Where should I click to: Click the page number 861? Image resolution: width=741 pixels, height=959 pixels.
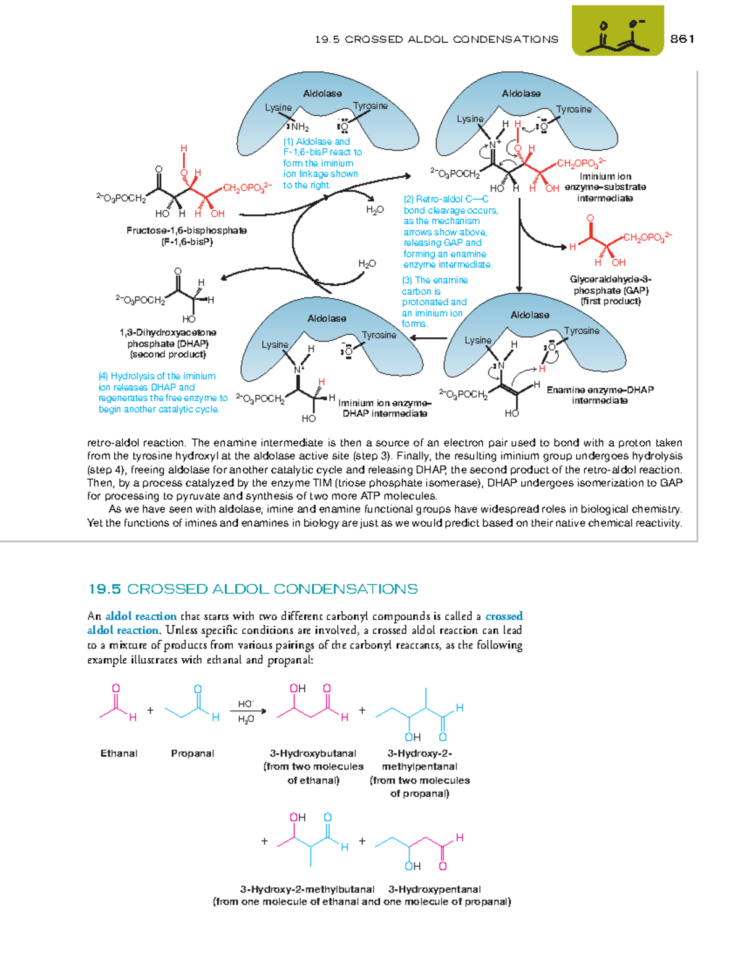pyautogui.click(x=682, y=39)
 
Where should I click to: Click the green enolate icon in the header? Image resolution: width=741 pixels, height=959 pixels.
pyautogui.click(x=617, y=31)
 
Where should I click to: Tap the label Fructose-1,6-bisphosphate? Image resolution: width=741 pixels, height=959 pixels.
pyautogui.click(x=186, y=230)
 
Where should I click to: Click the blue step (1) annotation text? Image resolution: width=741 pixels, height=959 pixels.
pyautogui.click(x=322, y=163)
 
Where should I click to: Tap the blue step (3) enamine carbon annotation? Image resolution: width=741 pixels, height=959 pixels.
pyautogui.click(x=434, y=302)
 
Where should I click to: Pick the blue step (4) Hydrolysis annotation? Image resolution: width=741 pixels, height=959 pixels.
pyautogui.click(x=162, y=392)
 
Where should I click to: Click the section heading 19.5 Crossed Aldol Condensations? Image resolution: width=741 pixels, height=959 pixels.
pyautogui.click(x=253, y=588)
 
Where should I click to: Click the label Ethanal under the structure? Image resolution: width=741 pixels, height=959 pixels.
pyautogui.click(x=119, y=753)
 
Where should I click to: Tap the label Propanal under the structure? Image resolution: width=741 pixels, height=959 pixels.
pyautogui.click(x=192, y=753)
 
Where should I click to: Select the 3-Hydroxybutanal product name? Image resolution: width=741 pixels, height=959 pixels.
pyautogui.click(x=313, y=753)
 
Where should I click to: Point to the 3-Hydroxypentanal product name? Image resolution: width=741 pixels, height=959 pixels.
pyautogui.click(x=434, y=889)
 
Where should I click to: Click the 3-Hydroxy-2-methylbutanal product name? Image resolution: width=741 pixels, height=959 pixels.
pyautogui.click(x=307, y=889)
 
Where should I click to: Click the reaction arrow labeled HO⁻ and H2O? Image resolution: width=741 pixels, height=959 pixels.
pyautogui.click(x=248, y=711)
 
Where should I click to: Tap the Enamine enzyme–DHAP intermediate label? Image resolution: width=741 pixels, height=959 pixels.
pyautogui.click(x=600, y=395)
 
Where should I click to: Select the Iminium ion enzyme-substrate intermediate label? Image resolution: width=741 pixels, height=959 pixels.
pyautogui.click(x=605, y=187)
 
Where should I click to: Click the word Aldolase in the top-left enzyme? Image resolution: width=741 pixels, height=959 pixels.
pyautogui.click(x=322, y=93)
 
